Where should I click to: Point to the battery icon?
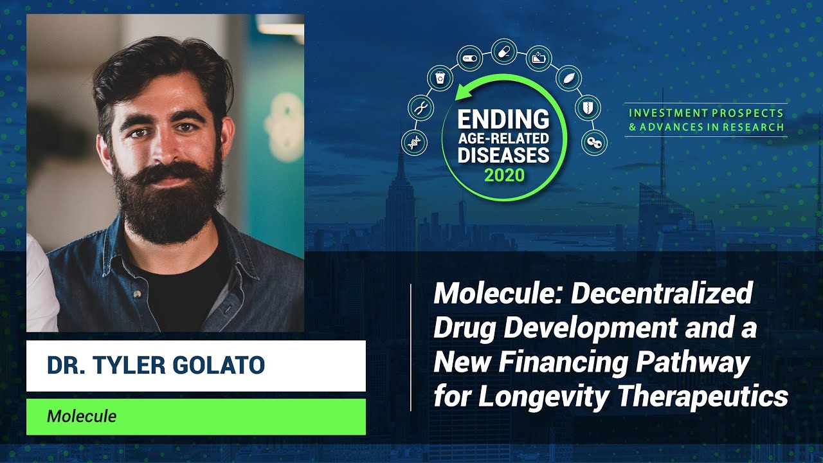[538, 59]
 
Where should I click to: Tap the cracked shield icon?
[587, 107]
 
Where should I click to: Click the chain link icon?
[594, 142]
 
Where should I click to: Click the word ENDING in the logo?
[503, 120]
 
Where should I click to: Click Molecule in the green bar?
[82, 416]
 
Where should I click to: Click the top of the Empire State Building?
[400, 154]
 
